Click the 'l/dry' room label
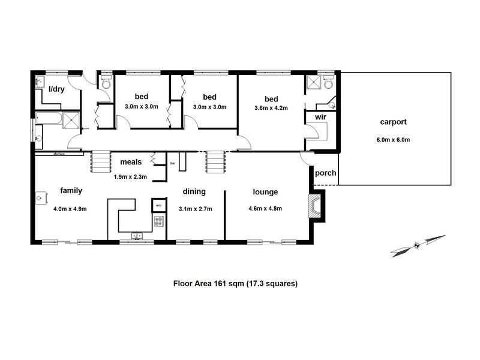pos(56,89)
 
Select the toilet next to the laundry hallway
pos(106,83)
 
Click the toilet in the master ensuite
pos(328,82)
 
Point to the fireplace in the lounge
pos(314,206)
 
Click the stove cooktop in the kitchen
pos(159,223)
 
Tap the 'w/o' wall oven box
pos(158,205)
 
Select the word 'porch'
pos(325,174)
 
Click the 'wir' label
pos(311,117)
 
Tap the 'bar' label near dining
pos(173,163)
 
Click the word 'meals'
pos(131,162)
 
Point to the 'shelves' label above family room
pos(58,154)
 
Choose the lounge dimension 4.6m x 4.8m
pos(265,209)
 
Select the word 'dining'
pos(194,192)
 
